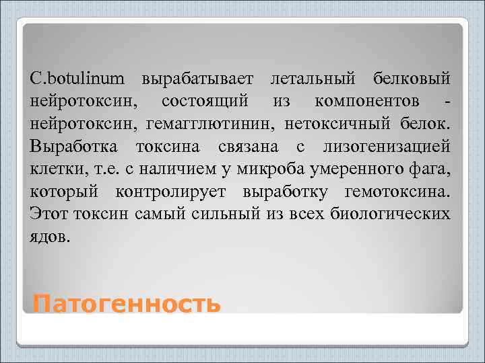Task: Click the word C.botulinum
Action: [77, 79]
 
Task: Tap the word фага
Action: [434, 169]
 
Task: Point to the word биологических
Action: [393, 214]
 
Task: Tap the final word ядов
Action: [48, 237]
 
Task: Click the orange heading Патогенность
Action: [127, 304]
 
